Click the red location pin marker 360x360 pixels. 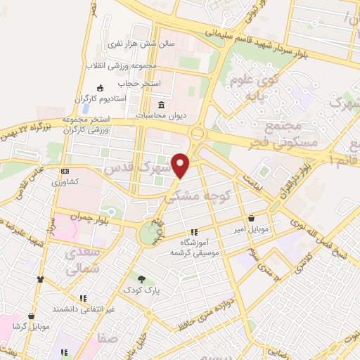click(x=181, y=165)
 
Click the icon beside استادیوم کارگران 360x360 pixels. click(x=99, y=88)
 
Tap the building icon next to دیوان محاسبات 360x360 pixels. click(x=162, y=104)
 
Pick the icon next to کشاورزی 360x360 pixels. click(x=65, y=171)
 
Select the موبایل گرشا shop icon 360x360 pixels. click(x=32, y=316)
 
